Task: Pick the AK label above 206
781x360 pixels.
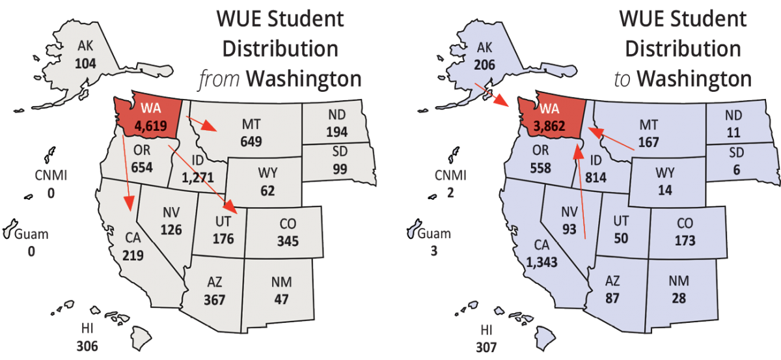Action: (485, 47)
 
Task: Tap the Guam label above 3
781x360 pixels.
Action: (433, 234)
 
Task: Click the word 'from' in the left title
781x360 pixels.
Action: (219, 79)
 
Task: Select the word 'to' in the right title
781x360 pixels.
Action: (623, 79)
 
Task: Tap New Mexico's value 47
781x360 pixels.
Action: (281, 299)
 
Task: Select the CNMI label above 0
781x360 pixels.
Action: (51, 176)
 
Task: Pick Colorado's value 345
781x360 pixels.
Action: (287, 241)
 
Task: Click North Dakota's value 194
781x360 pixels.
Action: (335, 131)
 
